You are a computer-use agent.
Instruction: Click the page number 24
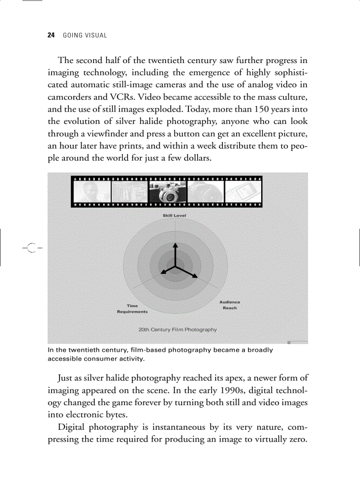(x=50, y=35)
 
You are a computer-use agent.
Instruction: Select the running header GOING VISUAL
(x=85, y=35)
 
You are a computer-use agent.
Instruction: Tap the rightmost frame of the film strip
(x=243, y=192)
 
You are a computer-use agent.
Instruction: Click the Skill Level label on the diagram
(x=174, y=216)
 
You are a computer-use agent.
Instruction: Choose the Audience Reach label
(x=230, y=305)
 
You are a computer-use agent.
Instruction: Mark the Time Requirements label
(x=132, y=309)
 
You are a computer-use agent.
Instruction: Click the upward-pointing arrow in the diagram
(x=176, y=251)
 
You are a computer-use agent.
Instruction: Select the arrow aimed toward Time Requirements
(x=166, y=271)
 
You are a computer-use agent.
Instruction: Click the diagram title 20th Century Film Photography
(x=177, y=329)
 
